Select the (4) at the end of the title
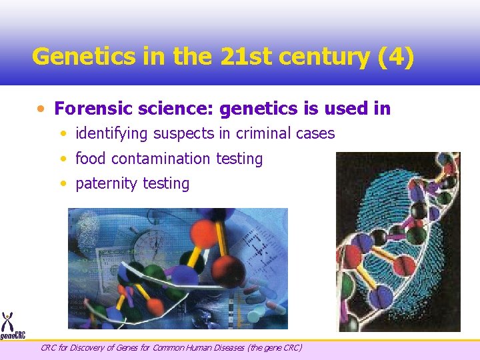point(395,57)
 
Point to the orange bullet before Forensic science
point(41,109)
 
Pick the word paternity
point(102,183)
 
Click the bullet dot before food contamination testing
point(62,159)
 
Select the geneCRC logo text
point(13,335)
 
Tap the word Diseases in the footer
point(227,347)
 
